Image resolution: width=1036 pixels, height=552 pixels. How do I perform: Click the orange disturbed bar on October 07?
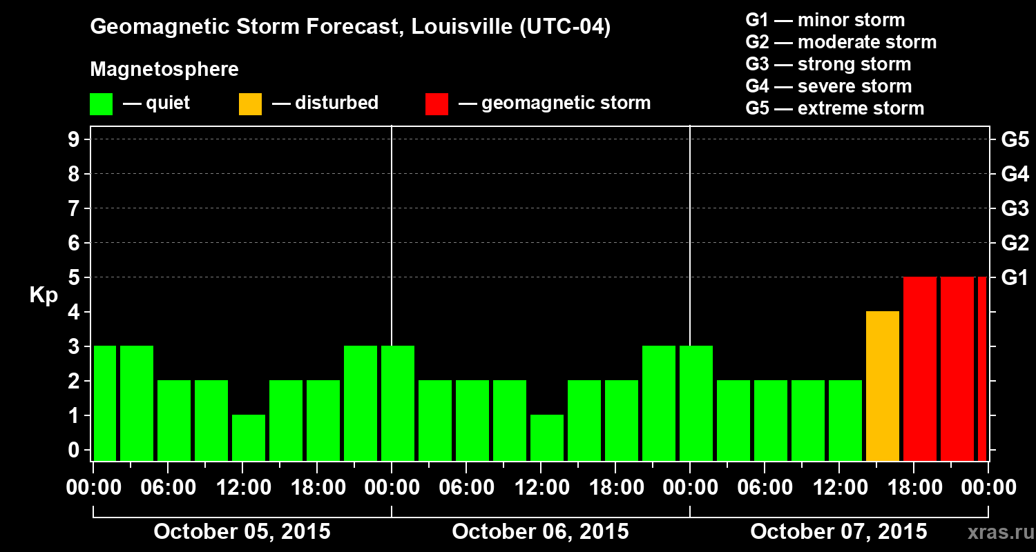click(882, 386)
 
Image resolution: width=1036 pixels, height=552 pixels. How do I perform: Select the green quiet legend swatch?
click(101, 103)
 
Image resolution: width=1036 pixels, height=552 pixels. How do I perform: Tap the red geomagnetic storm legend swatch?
click(437, 103)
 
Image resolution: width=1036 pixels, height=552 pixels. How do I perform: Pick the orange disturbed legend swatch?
click(250, 103)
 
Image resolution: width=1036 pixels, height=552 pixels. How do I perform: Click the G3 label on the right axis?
click(1015, 208)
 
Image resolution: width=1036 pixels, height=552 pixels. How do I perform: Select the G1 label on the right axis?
click(1015, 277)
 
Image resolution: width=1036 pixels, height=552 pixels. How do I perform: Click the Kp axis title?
click(44, 295)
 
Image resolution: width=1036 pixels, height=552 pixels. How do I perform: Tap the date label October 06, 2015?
click(540, 532)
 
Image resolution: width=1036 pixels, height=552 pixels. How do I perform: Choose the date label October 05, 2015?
click(242, 532)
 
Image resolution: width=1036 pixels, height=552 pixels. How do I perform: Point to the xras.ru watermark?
click(996, 533)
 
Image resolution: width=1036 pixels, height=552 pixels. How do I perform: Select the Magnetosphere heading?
click(164, 70)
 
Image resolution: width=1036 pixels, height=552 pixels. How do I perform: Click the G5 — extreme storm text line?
click(834, 108)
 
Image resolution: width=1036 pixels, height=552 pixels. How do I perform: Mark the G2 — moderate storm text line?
click(841, 42)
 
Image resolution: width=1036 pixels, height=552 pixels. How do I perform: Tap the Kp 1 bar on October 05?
click(249, 437)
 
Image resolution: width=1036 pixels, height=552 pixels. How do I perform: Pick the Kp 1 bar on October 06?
click(547, 437)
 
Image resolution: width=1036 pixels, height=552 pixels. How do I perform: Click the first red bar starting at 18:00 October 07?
click(919, 368)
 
